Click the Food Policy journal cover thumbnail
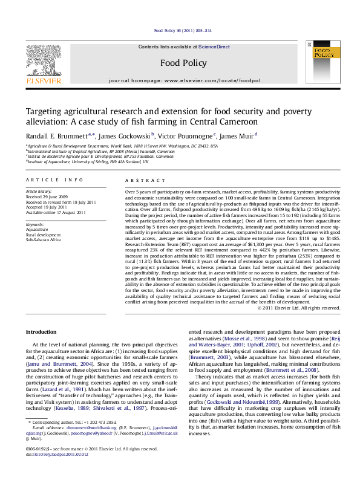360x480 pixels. (x=324, y=63)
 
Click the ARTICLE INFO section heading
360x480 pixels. (x=54, y=180)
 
